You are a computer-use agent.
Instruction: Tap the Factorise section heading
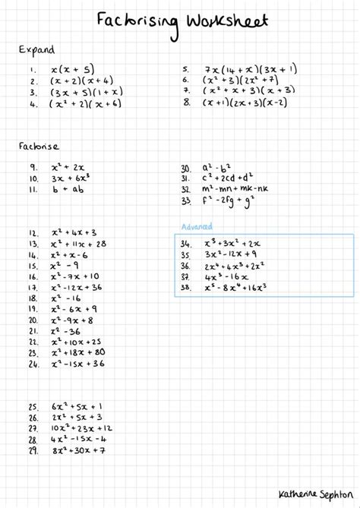point(35,146)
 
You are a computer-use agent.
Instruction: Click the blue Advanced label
point(197,226)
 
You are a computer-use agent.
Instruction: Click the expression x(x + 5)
point(72,68)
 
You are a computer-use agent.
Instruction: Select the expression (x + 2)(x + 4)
point(81,80)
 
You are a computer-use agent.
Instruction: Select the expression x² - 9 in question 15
point(65,266)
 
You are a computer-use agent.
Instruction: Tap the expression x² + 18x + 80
point(78,352)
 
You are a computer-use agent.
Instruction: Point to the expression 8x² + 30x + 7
point(79,451)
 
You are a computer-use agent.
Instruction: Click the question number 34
point(185,244)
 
